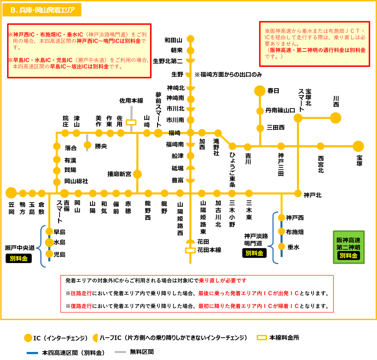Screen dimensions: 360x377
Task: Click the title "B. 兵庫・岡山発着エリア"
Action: pos(42,10)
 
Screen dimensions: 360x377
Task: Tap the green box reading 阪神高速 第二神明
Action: pos(349,244)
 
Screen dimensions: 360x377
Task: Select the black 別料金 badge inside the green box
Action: pos(349,256)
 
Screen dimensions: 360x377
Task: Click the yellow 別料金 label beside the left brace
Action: pos(19,259)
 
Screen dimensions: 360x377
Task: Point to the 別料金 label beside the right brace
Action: pos(254,253)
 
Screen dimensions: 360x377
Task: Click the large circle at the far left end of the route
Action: pos(11,193)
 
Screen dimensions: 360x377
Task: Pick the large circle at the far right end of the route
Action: pos(358,146)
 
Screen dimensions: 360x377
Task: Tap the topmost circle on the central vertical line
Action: pos(190,39)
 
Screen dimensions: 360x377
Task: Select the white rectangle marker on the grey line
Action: pos(131,122)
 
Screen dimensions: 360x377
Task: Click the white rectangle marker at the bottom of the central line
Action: pos(190,250)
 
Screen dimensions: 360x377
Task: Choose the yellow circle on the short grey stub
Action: pos(87,145)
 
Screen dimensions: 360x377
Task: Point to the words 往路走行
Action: pos(81,293)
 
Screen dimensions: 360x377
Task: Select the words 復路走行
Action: pos(81,306)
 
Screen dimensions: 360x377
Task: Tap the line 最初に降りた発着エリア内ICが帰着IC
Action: pos(249,306)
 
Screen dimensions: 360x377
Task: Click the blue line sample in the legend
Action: pos(32,353)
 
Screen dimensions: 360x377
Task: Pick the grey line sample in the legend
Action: pos(120,352)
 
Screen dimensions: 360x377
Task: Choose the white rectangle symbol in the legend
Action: pos(262,338)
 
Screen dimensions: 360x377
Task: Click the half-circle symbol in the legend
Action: pos(95,338)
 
